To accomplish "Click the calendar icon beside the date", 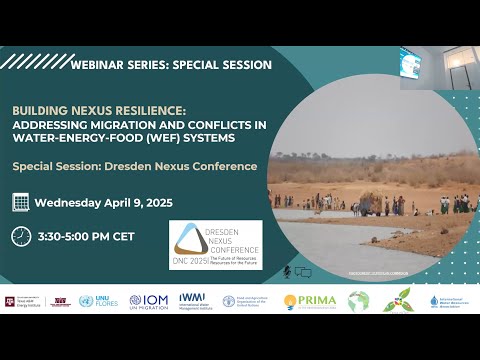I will [x=20, y=203].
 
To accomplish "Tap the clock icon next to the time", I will [x=20, y=236].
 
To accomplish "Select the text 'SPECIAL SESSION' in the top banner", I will [x=223, y=64].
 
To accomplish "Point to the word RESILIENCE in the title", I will [x=174, y=112].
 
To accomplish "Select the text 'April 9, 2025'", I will [x=136, y=203].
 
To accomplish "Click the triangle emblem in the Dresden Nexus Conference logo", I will [x=190, y=238].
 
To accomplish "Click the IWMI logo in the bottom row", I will [x=192, y=300].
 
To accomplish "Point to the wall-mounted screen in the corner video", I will [x=411, y=64].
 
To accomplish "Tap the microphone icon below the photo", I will [x=287, y=271].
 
